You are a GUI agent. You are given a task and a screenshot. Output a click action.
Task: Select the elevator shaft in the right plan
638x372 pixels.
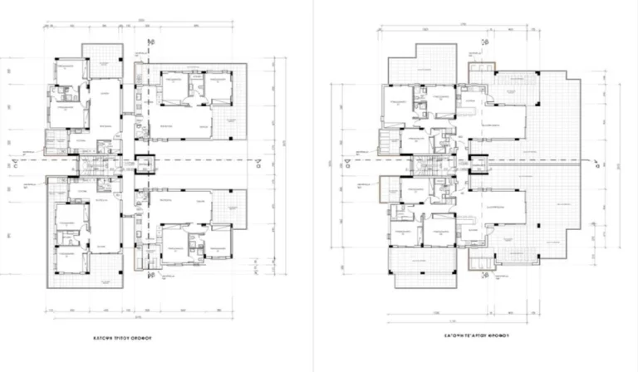coord(477,164)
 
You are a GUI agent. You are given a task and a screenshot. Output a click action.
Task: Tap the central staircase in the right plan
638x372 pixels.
coord(425,165)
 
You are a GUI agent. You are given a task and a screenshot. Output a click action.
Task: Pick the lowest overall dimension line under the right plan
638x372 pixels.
coord(465,316)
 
